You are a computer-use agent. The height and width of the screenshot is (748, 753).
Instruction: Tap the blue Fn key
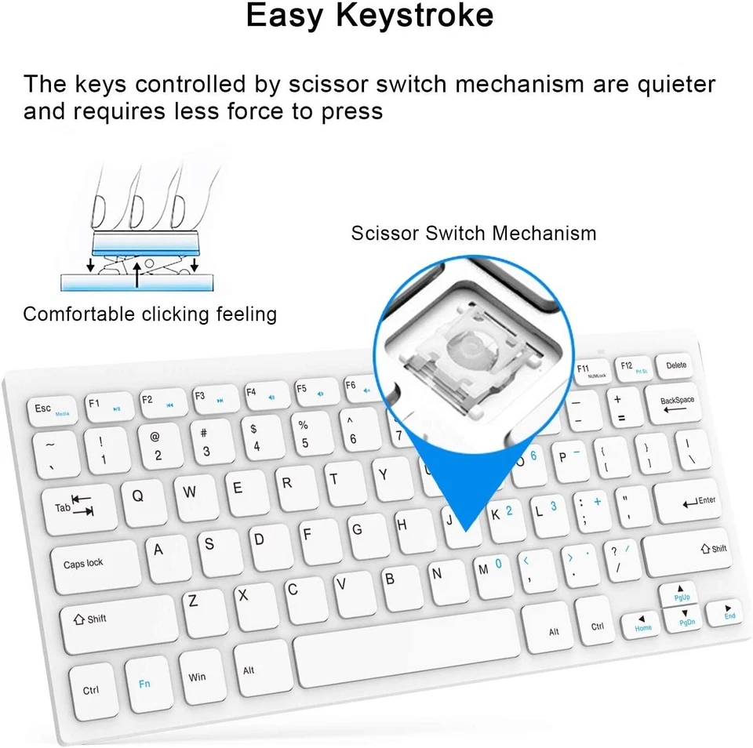tap(145, 684)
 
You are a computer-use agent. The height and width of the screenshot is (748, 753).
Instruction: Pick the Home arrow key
tap(642, 623)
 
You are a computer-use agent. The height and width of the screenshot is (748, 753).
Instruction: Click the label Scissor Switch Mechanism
tap(473, 233)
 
